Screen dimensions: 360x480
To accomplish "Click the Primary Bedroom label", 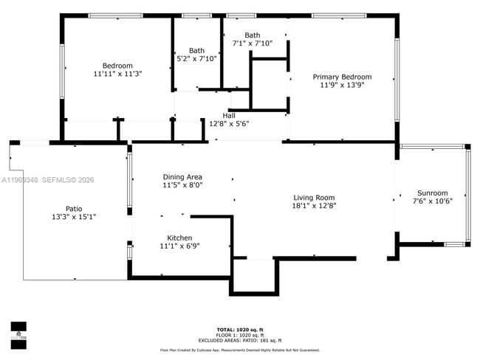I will point(342,77).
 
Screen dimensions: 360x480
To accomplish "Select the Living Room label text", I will point(314,197).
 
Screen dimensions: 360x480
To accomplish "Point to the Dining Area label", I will point(182,177).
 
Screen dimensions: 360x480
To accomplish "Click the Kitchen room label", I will point(179,238).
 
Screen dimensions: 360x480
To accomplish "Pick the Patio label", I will point(74,208).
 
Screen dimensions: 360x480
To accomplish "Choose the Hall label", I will point(229,115).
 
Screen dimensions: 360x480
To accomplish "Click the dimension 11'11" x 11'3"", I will point(117,74).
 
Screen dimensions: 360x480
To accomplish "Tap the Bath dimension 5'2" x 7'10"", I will point(196,59).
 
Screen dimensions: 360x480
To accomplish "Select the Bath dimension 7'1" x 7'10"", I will point(253,44).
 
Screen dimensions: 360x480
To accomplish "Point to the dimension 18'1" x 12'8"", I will point(314,206).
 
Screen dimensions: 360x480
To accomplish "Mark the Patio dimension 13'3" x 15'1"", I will point(74,217).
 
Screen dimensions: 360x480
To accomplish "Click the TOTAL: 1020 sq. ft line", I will point(240,329).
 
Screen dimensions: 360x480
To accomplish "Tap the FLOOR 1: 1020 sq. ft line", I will point(240,334).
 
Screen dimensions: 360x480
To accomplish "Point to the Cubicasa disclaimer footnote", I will point(240,350).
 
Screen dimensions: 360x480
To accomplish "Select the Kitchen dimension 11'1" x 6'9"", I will point(179,246).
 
